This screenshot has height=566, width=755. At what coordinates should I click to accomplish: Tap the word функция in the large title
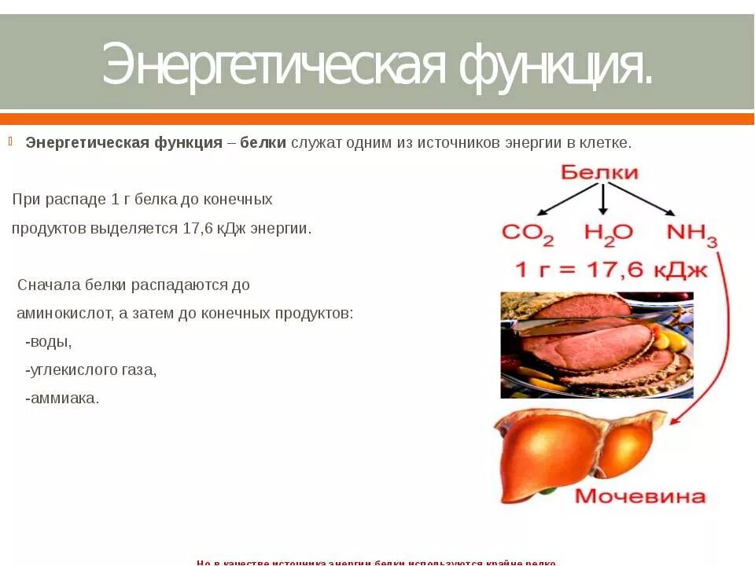pos(555,64)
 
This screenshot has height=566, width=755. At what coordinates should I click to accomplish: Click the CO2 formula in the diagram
pos(528,233)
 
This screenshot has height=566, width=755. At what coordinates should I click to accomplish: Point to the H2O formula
pos(608,233)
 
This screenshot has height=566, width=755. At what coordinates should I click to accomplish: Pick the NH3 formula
pos(691,233)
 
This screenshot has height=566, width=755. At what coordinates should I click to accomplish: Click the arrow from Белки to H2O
pos(602,200)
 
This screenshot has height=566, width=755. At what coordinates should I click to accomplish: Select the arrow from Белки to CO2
pos(568,199)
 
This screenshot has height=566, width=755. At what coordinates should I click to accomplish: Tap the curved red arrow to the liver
pos(724,330)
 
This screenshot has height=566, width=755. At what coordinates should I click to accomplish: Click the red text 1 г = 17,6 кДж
pos(611,270)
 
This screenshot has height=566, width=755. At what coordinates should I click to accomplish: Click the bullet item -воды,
pos(49,342)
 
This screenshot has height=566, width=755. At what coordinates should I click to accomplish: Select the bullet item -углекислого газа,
pos(91,370)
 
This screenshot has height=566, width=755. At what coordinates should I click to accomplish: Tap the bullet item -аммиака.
pos(63,399)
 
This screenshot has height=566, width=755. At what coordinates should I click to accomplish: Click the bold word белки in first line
pos(263,143)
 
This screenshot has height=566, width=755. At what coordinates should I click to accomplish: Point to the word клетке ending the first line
pos(606,143)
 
